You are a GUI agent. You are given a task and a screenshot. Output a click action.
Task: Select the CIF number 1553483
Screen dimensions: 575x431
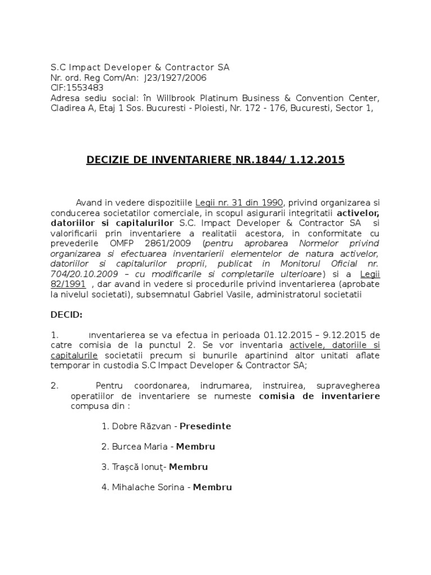coord(84,88)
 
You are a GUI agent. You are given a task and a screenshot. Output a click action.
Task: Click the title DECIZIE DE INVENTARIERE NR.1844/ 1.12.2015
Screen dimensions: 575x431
coord(215,161)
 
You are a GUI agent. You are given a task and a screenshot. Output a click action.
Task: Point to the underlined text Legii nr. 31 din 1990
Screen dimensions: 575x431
coord(240,202)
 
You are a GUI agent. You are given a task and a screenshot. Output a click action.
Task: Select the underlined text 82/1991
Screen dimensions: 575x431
coord(68,284)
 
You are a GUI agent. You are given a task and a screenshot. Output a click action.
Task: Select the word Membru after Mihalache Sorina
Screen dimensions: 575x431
coord(213,487)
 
